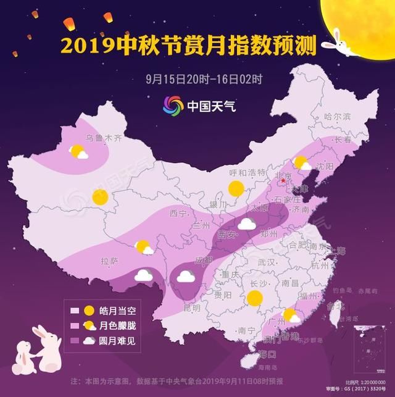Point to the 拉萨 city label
tap(110, 262)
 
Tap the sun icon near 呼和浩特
tap(236, 188)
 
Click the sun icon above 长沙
tap(253, 298)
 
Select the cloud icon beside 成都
tap(186, 276)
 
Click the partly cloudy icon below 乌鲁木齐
tap(78, 152)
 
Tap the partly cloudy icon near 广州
tap(289, 317)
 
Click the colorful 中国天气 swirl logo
tap(173, 106)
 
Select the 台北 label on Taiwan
tap(334, 306)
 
